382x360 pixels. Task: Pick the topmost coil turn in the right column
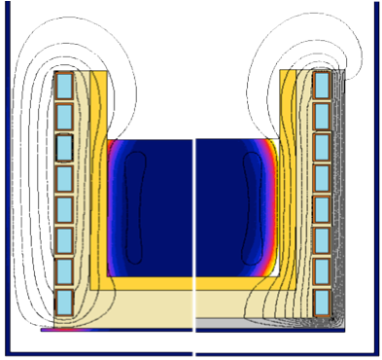(x=322, y=85)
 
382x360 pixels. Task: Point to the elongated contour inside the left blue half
(x=135, y=208)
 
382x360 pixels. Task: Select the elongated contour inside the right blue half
(x=255, y=208)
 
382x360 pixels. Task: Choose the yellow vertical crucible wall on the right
(x=288, y=195)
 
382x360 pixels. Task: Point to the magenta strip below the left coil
(x=63, y=330)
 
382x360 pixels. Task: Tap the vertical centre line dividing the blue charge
(x=195, y=209)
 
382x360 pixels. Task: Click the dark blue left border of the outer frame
(x=7, y=195)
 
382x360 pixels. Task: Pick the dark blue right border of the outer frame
(x=374, y=195)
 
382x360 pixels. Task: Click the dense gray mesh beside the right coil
(x=340, y=195)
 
